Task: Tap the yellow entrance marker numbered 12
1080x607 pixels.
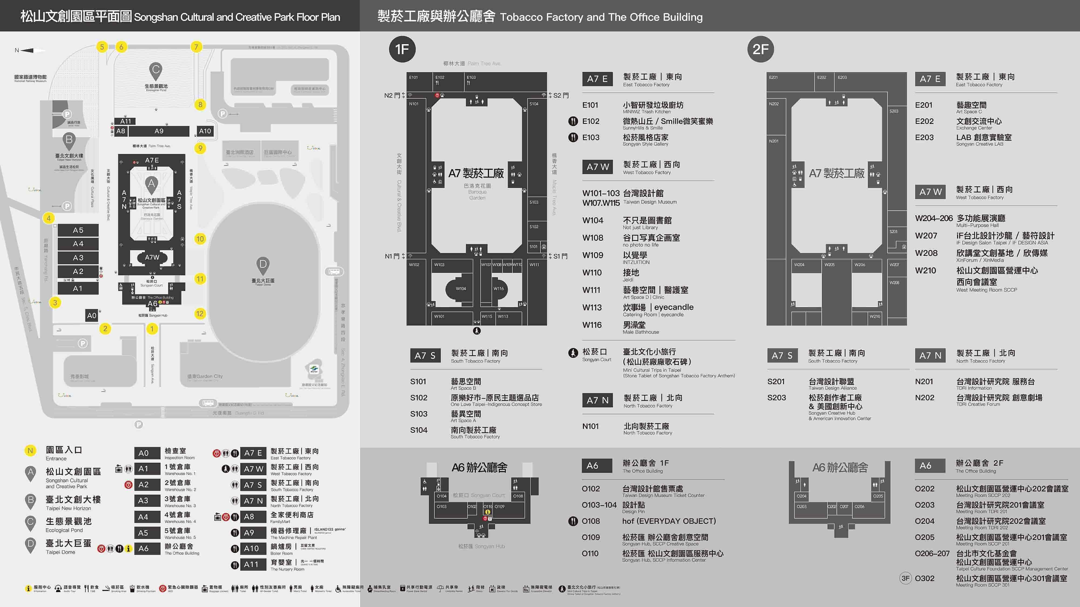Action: pos(200,313)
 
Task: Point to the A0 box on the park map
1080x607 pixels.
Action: pos(92,315)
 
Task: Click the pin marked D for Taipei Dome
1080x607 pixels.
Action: pos(262,265)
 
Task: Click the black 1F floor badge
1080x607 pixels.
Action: pos(402,49)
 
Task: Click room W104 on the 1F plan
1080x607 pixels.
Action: pos(461,289)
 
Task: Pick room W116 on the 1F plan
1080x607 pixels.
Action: pos(498,289)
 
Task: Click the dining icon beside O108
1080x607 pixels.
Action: pos(573,521)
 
